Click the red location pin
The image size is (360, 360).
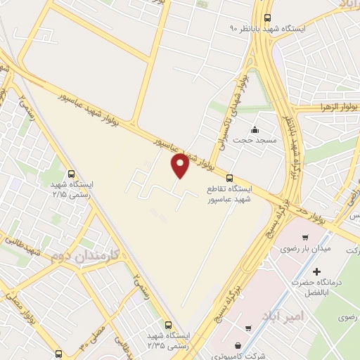(180, 165)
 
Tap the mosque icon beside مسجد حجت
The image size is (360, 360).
(255, 130)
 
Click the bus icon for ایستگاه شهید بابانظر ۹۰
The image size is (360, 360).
(266, 18)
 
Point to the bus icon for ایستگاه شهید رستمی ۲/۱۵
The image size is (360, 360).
(71, 174)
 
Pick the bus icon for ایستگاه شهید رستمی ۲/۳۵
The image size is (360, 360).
(167, 325)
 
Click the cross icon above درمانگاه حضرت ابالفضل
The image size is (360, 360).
(317, 271)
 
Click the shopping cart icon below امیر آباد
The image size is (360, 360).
(248, 328)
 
